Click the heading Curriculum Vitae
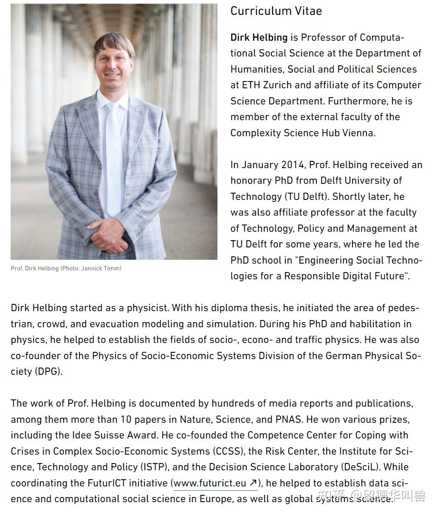pyautogui.click(x=276, y=11)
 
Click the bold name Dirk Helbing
pyautogui.click(x=259, y=37)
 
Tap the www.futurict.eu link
pyautogui.click(x=210, y=483)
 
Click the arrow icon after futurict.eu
pyautogui.click(x=253, y=483)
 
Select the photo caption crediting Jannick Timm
pyautogui.click(x=66, y=268)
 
